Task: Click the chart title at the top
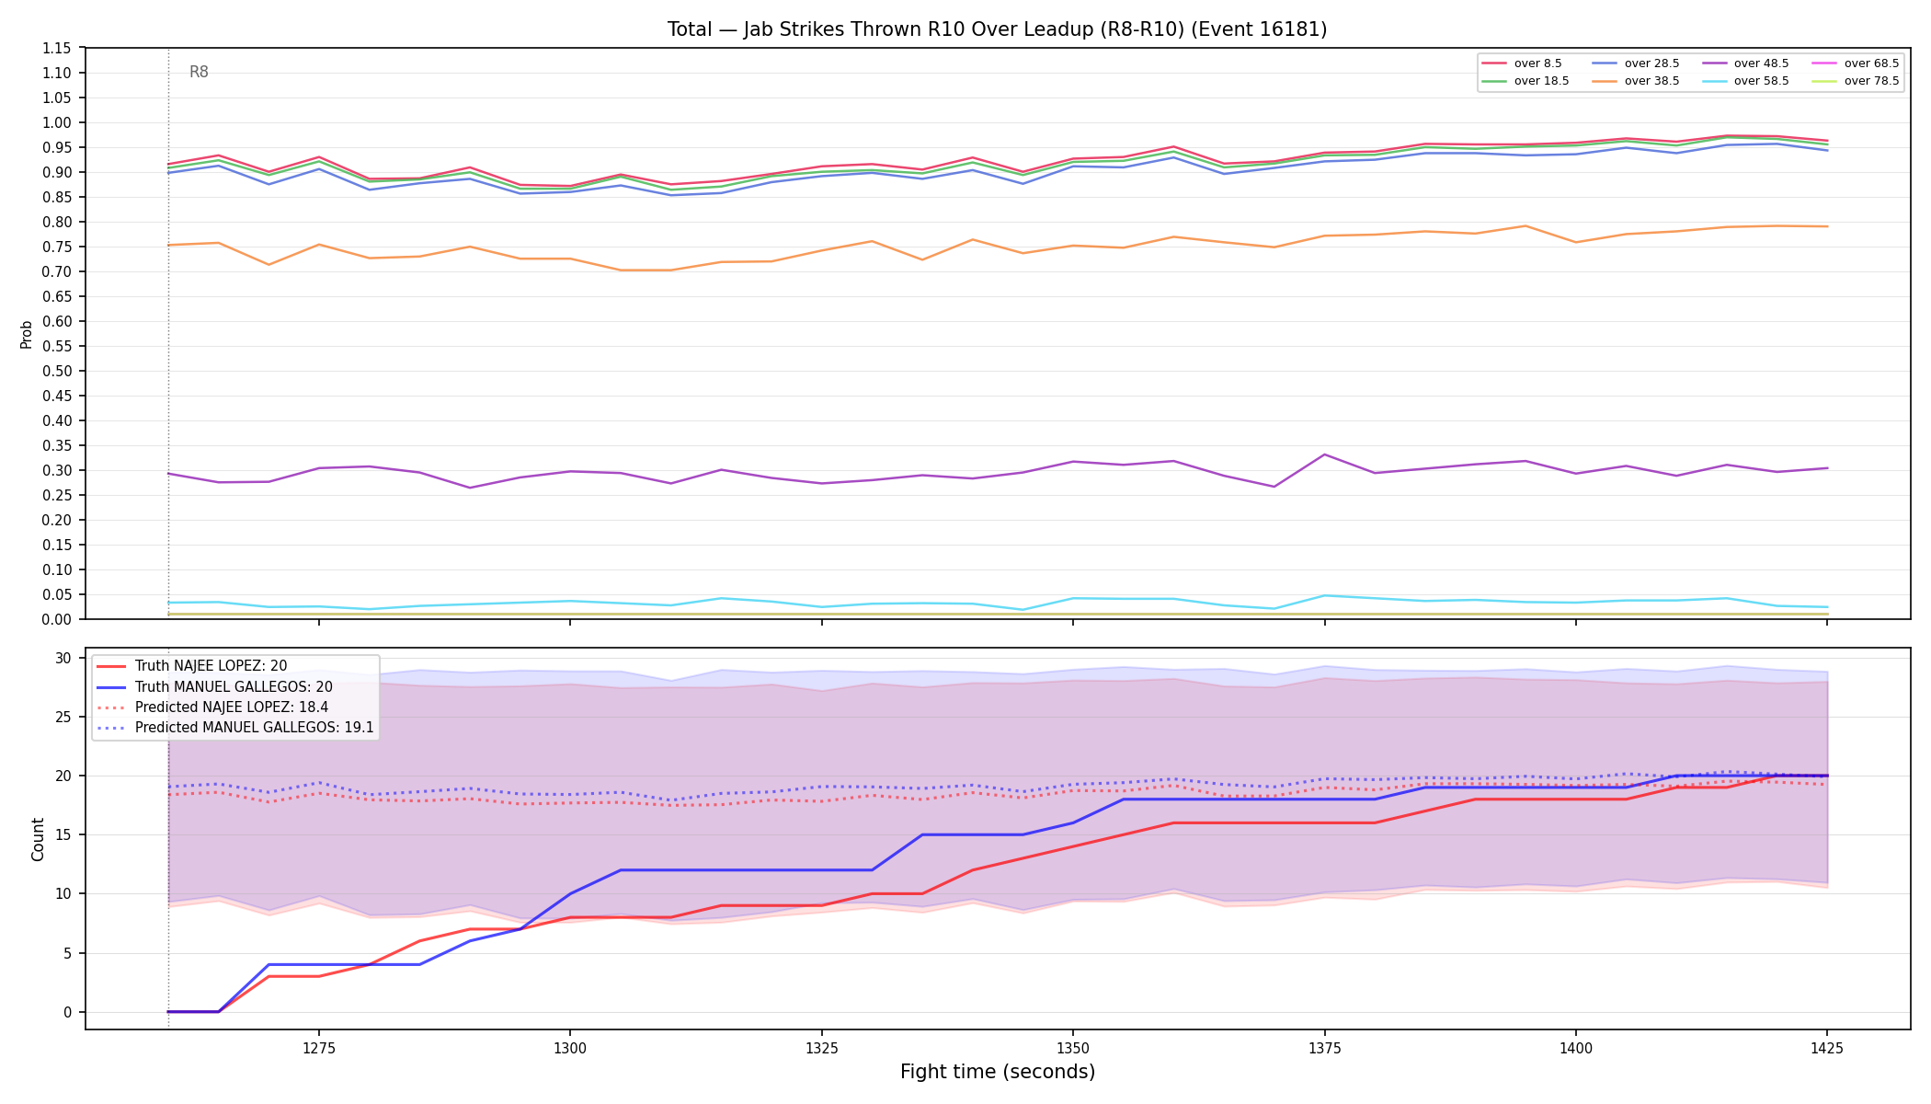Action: click(997, 29)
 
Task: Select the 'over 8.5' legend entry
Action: click(1522, 63)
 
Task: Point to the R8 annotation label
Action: click(199, 72)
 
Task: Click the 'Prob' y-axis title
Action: click(27, 334)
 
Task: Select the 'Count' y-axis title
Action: click(38, 839)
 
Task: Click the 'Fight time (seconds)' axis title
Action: click(998, 1072)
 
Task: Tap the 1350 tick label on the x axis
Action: click(1073, 1047)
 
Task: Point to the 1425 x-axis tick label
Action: click(1827, 1047)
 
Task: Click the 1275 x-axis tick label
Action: click(319, 1047)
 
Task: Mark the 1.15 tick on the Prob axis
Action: click(56, 48)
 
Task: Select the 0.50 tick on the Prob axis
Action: click(56, 371)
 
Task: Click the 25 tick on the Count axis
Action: click(63, 717)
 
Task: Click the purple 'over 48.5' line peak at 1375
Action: click(1324, 454)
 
